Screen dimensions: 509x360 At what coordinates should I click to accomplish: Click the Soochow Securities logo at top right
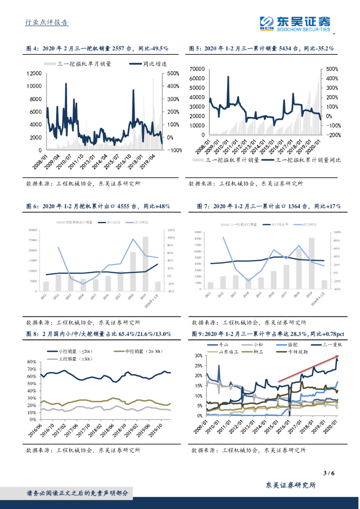pos(295,23)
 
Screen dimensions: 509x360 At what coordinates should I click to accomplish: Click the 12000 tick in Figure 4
pos(34,73)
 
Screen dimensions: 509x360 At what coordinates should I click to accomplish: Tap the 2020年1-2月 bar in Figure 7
pos(324,284)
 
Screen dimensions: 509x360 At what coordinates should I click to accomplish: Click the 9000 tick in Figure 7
pos(197,232)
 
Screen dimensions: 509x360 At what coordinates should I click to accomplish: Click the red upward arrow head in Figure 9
pos(339,356)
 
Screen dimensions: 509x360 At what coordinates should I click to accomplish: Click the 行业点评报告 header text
pos(47,22)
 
